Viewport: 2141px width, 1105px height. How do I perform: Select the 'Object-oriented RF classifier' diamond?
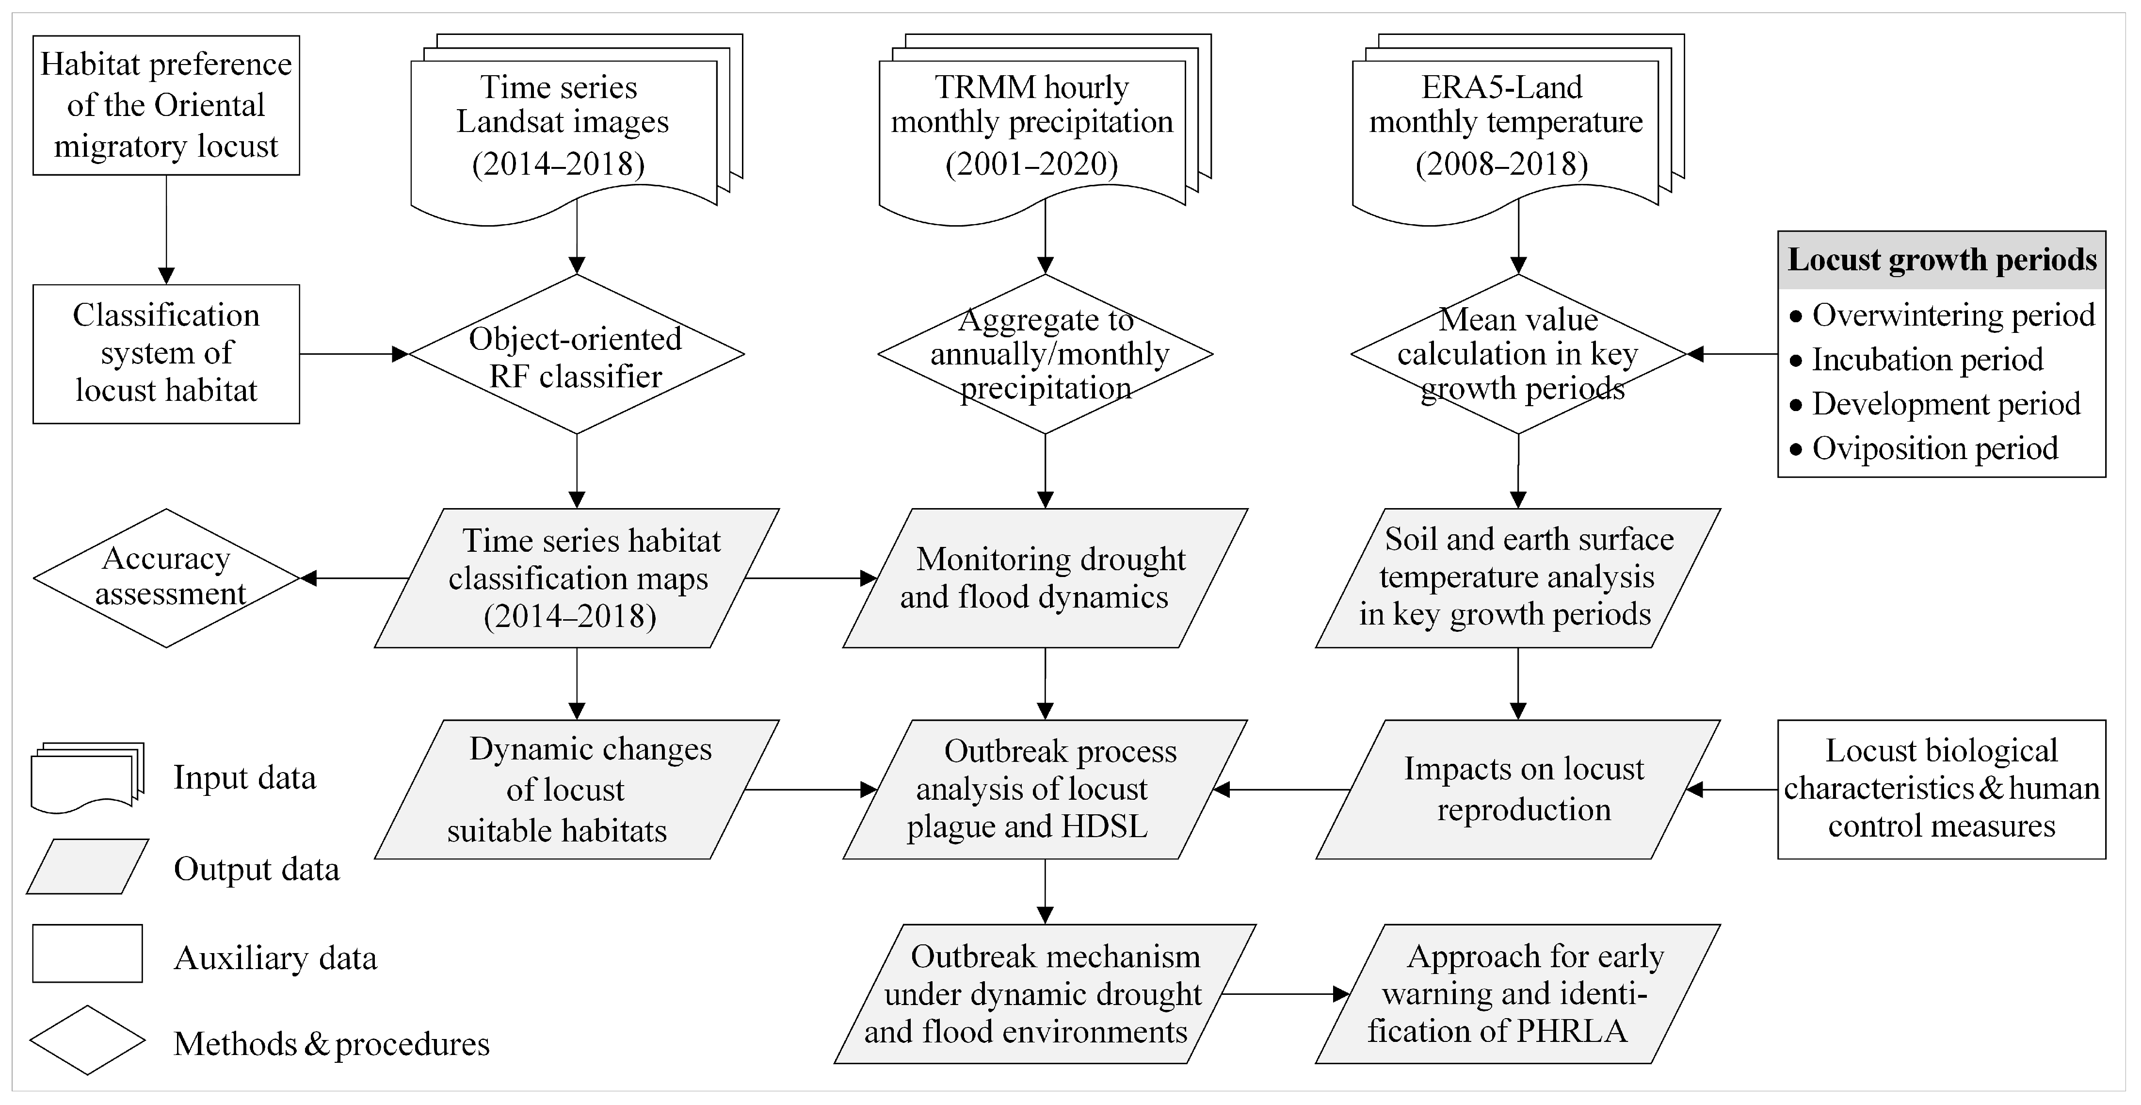pos(576,355)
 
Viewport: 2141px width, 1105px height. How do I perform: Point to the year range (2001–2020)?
pos(1031,164)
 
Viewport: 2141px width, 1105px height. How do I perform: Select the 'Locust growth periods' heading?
pos(1942,260)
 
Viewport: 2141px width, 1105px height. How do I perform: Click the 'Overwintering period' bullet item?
pos(1952,315)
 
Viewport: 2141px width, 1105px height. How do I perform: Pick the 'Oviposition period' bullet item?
pos(1934,448)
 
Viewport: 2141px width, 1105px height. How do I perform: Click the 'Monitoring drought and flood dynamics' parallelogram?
pos(1044,578)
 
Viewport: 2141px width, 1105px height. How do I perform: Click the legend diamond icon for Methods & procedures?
pos(87,1040)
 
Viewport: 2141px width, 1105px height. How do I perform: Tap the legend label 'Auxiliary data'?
pos(275,958)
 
